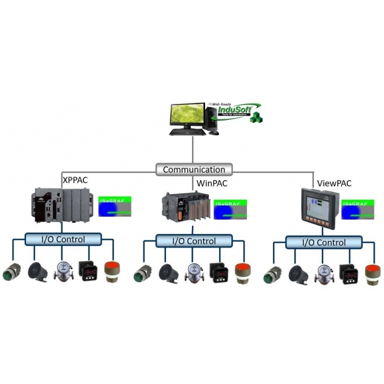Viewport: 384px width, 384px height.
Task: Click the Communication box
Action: pos(194,170)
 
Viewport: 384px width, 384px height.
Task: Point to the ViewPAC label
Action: pos(334,183)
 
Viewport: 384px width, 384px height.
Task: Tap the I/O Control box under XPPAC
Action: pos(63,239)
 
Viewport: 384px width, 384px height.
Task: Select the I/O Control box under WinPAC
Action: pos(194,241)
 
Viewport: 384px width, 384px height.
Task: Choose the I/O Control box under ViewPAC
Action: pos(324,242)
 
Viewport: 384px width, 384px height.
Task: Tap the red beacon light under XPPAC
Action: pos(112,271)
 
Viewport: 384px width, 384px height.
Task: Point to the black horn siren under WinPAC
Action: pos(168,272)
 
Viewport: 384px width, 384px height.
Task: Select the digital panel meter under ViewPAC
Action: pos(348,274)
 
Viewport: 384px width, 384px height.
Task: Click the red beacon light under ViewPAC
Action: pos(372,274)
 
